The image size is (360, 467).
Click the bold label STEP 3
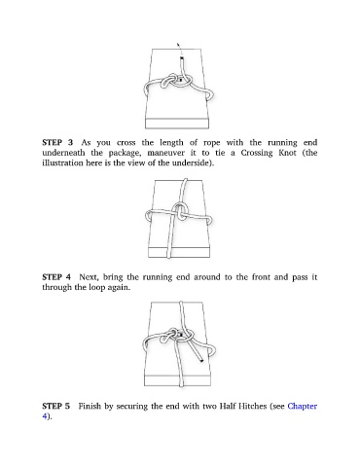pos(57,142)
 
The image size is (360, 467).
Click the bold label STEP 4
pos(56,277)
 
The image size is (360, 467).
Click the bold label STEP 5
pos(55,406)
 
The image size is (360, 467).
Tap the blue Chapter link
pos(303,407)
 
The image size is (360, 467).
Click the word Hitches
pos(252,406)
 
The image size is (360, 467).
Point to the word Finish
pos(90,406)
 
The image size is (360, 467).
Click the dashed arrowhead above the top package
pos(178,44)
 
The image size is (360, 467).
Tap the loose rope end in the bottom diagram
pos(201,360)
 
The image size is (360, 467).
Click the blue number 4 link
pos(45,416)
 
